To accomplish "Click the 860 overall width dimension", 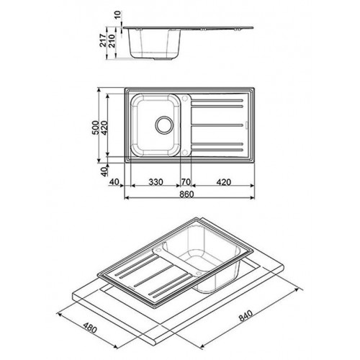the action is (x=186, y=194).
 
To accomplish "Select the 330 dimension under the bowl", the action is (x=156, y=182).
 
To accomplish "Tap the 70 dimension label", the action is (x=186, y=182).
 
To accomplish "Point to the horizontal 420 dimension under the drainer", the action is (x=223, y=182).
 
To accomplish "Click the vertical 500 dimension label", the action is (x=96, y=127).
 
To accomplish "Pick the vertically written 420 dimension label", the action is (x=104, y=127).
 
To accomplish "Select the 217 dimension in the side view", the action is (x=103, y=40).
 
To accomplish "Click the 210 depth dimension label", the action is (x=112, y=40).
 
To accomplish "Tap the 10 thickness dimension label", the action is (x=119, y=15).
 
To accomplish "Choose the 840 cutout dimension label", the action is (x=246, y=316).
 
